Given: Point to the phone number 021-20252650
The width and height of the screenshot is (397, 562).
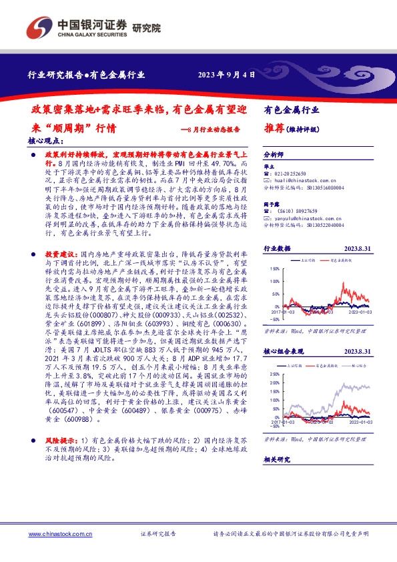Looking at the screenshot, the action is pyautogui.click(x=294, y=174).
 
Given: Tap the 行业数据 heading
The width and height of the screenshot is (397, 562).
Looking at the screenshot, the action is pyautogui.click(x=278, y=248).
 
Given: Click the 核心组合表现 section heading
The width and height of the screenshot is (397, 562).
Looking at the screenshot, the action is pyautogui.click(x=286, y=351).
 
